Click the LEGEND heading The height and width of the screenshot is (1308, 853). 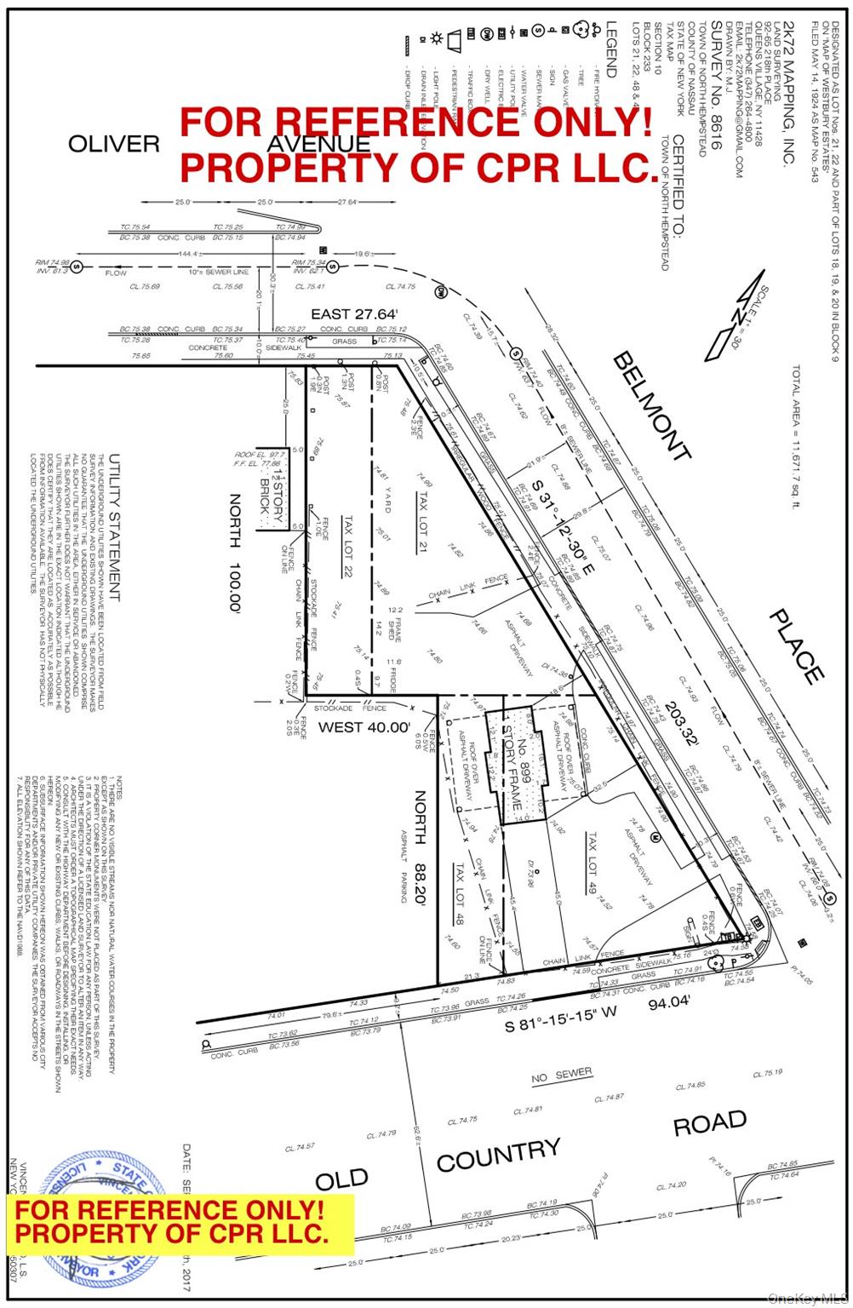coord(610,49)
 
